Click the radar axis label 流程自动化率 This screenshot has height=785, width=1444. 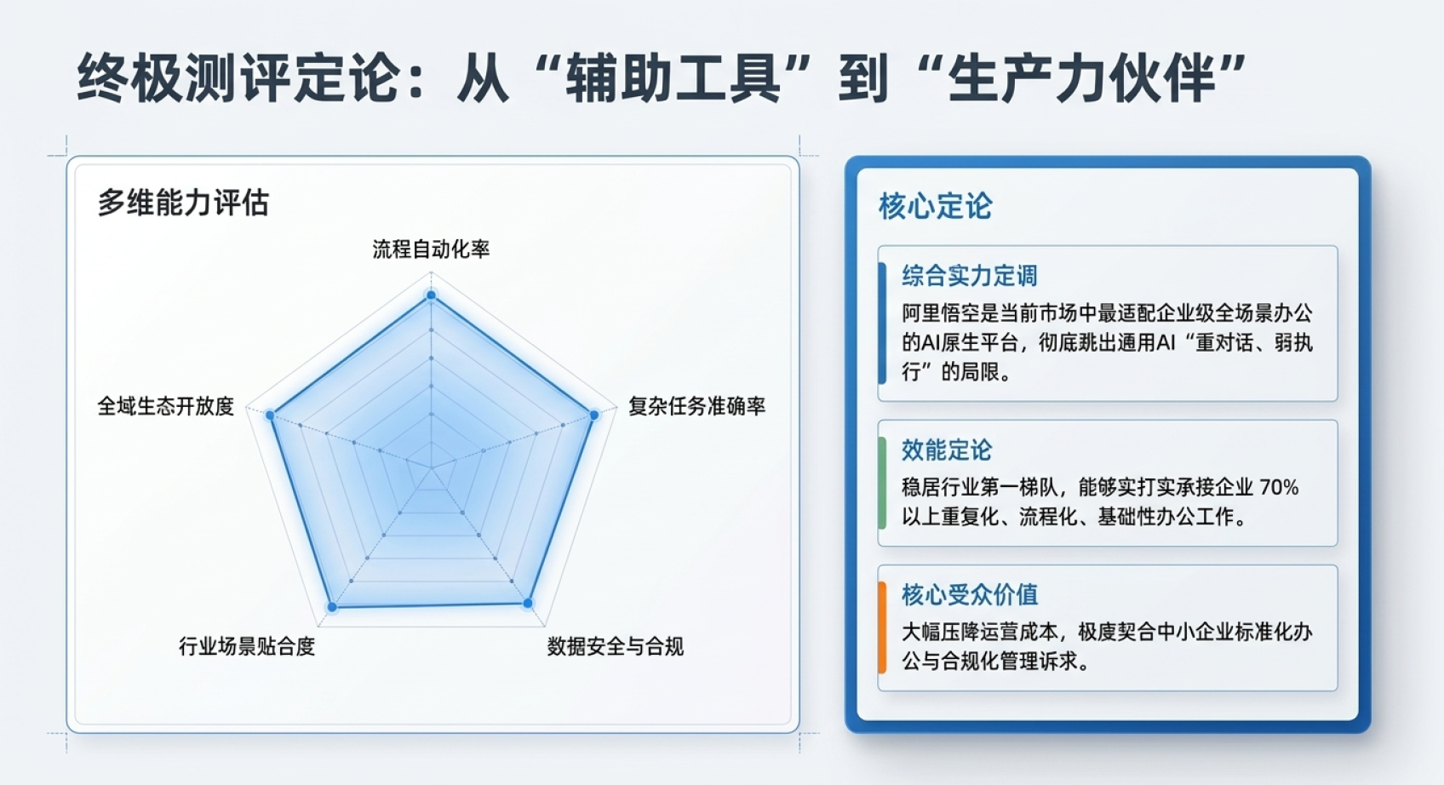click(x=431, y=249)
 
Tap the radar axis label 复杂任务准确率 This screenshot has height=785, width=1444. click(x=696, y=406)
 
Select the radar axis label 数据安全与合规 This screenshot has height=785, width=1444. click(x=615, y=645)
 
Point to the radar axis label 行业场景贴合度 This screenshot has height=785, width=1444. click(x=247, y=645)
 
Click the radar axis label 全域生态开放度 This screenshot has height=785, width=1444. click(x=166, y=406)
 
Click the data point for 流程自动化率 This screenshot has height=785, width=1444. click(x=432, y=295)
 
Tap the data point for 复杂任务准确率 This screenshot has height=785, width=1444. click(x=593, y=415)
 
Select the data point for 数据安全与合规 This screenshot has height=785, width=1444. click(x=528, y=604)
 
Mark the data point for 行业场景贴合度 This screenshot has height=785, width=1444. click(x=333, y=607)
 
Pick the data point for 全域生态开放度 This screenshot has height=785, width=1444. click(x=271, y=415)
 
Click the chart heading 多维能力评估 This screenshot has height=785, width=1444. click(x=183, y=203)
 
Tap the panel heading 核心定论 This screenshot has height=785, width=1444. click(x=936, y=206)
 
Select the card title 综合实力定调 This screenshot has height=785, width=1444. click(x=970, y=276)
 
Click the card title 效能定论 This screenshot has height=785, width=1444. click(x=946, y=450)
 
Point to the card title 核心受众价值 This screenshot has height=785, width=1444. click(x=970, y=594)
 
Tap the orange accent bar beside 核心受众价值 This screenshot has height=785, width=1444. click(x=882, y=627)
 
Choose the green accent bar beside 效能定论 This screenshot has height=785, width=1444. click(x=882, y=483)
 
